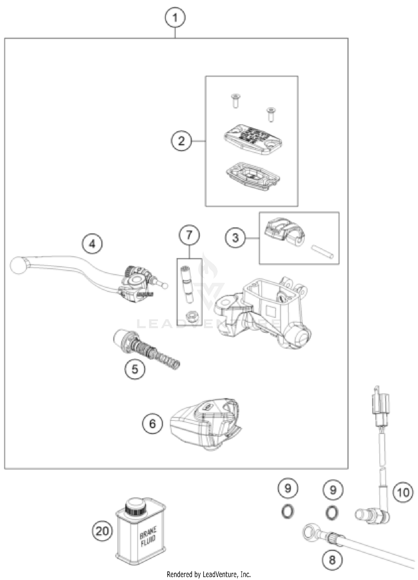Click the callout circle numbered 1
click(x=175, y=18)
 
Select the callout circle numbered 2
click(x=181, y=141)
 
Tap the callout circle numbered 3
click(x=236, y=238)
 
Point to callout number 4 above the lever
click(x=92, y=244)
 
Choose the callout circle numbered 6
click(x=152, y=424)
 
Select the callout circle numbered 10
click(x=403, y=492)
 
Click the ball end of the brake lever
click(x=18, y=266)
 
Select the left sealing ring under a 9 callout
click(x=287, y=512)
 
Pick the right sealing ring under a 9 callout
click(x=332, y=513)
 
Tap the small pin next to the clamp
click(x=322, y=251)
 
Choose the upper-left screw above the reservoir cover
click(x=235, y=100)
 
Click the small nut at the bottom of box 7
click(x=192, y=317)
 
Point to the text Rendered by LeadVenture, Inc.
click(x=209, y=575)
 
